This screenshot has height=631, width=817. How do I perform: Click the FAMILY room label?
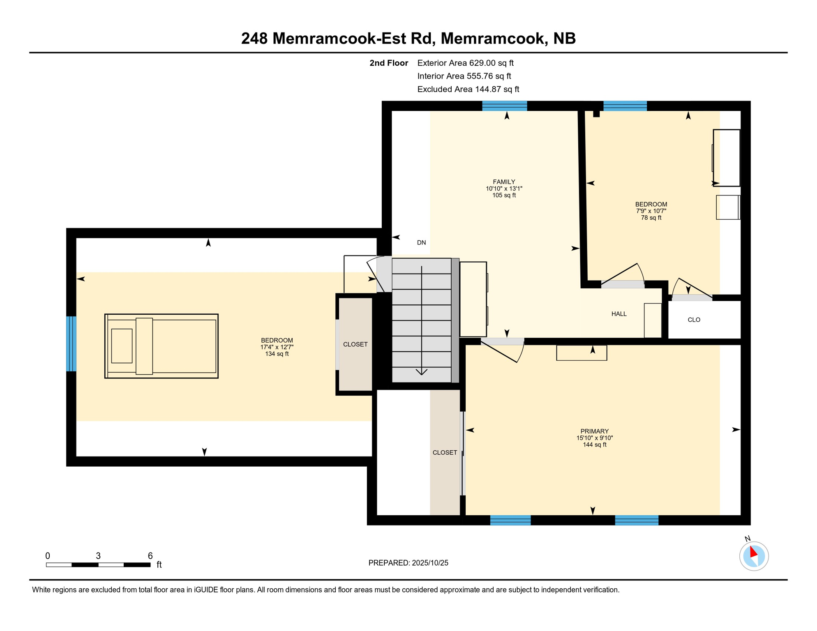[x=504, y=182]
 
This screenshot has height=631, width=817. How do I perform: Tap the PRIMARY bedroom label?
[x=594, y=431]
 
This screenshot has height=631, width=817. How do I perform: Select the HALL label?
[x=619, y=314]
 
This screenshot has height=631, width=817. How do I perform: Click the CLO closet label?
[x=694, y=320]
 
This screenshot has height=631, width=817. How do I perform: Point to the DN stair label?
[x=421, y=242]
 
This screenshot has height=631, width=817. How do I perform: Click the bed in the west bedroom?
[x=161, y=346]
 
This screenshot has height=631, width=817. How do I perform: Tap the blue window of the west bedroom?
[x=72, y=344]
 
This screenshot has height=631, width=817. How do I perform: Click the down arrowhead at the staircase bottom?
[x=421, y=372]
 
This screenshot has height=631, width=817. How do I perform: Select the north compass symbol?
[x=754, y=555]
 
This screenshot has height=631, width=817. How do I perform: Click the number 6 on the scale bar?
[x=150, y=556]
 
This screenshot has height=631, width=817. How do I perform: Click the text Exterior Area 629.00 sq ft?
[x=465, y=63]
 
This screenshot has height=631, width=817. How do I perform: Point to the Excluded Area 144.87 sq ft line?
[x=468, y=89]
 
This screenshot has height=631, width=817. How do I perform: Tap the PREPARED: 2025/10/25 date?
[x=408, y=563]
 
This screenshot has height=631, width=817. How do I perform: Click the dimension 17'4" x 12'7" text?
[x=277, y=347]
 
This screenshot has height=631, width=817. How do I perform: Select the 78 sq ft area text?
[x=651, y=218]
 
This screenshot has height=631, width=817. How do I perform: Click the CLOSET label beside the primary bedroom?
[x=445, y=452]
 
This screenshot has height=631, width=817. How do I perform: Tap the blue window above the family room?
[x=504, y=106]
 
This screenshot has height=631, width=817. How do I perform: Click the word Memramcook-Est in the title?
[x=353, y=39]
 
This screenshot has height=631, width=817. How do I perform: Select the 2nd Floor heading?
[x=388, y=63]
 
